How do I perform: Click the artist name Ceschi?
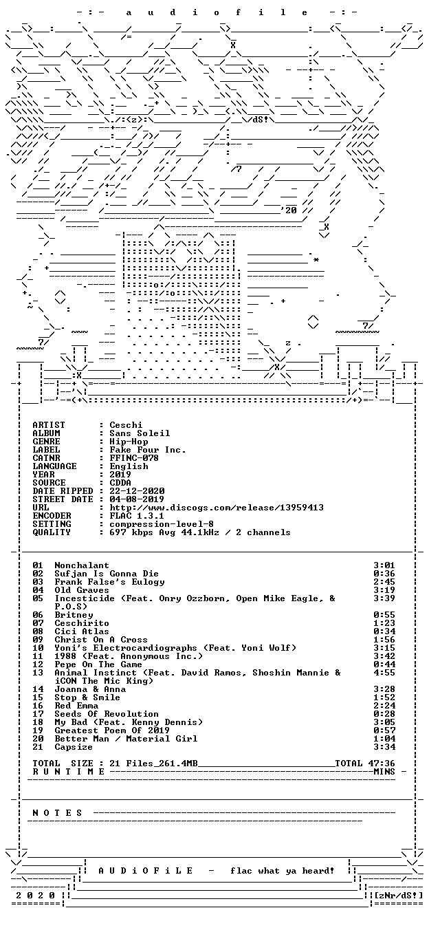pos(126,425)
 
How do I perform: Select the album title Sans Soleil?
pos(140,433)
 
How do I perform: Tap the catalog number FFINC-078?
pos(134,458)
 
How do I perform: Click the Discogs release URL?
pos(217,508)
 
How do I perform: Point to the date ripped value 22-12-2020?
pos(137,491)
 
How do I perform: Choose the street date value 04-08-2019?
pos(137,499)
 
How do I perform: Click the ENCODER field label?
pos(52,516)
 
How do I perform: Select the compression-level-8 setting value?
pos(162,524)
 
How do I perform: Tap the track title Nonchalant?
pos(82,565)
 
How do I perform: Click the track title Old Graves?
pos(82,590)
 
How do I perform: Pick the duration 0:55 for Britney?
pos(384,615)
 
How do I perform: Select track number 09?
pos(38,640)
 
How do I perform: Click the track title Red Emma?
pos(76,706)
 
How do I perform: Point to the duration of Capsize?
pos(384,747)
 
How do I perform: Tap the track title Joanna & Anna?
pos(90,689)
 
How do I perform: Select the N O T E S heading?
pos(58,813)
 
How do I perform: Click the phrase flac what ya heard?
pos(282,871)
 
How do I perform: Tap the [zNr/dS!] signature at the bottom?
pos(398,896)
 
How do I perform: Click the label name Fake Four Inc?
pos(148,450)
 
